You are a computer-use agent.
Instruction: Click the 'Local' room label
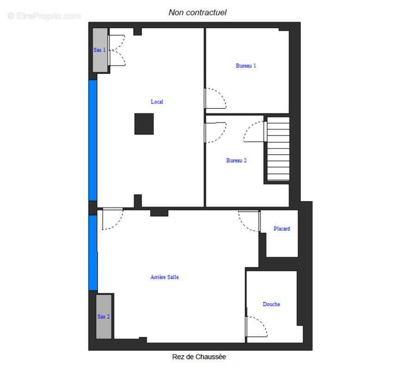(x=157, y=102)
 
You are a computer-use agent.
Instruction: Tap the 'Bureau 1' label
(x=246, y=66)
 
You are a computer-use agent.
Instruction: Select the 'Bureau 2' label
(x=236, y=160)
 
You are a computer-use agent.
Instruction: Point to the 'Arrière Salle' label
(x=164, y=277)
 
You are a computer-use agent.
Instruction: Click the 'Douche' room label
(x=271, y=304)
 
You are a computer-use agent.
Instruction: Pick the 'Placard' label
(x=282, y=228)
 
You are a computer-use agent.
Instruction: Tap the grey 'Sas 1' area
(x=100, y=50)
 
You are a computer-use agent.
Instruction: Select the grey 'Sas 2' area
(x=104, y=316)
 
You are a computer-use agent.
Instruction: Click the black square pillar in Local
(x=144, y=124)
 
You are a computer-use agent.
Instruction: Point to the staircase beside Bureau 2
(x=278, y=149)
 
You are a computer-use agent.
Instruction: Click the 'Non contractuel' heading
(x=197, y=12)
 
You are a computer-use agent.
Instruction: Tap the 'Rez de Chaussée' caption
(x=199, y=357)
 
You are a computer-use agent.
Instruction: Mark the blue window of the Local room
(x=92, y=140)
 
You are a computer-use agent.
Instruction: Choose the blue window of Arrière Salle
(x=93, y=253)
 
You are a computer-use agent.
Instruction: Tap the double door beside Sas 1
(x=117, y=50)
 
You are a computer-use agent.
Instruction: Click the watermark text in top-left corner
(x=44, y=16)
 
